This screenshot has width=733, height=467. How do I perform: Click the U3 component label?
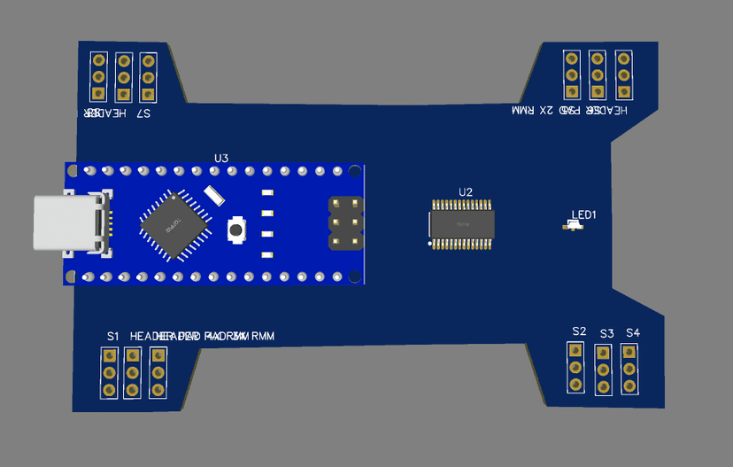[x=221, y=158]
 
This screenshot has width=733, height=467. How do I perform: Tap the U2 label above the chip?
[x=466, y=191]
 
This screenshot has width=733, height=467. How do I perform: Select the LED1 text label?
[x=584, y=214]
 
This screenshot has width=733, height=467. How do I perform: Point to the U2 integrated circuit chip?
[x=461, y=225]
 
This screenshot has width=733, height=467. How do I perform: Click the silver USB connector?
[x=67, y=223]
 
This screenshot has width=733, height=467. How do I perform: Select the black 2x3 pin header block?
[x=346, y=222]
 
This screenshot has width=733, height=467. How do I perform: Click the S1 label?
[x=112, y=336]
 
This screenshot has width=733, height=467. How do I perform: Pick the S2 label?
[x=579, y=331]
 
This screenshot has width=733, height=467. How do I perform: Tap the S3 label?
[x=606, y=334]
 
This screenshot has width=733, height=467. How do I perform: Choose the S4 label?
[x=632, y=332]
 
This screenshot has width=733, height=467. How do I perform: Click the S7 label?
[x=143, y=114]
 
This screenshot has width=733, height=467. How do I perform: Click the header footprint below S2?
[x=576, y=367]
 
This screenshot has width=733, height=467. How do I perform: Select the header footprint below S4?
[x=629, y=369]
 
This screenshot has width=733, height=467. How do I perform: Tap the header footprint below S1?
[x=110, y=372]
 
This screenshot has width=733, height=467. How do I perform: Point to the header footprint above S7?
[x=148, y=77]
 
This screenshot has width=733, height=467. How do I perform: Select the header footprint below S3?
[x=603, y=369]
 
